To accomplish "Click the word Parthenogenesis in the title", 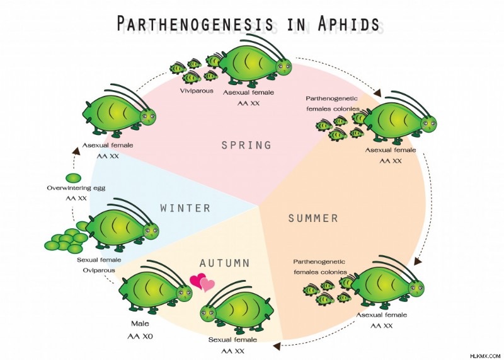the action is [x=195, y=23].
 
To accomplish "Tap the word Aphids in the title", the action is [x=349, y=23].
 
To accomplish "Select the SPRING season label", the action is [x=246, y=145].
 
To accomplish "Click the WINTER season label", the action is [x=185, y=208].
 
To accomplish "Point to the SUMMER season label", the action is [x=313, y=218].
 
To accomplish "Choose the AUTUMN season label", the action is [x=225, y=263].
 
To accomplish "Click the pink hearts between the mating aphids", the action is [x=202, y=282].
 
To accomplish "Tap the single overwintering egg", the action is [x=73, y=178].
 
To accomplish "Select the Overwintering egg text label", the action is [x=76, y=188].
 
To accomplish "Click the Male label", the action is [x=140, y=323].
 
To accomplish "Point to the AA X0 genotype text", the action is [x=140, y=337].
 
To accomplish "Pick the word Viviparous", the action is [x=197, y=91].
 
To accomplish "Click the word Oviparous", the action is [x=99, y=270].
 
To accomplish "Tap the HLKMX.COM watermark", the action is [x=485, y=356].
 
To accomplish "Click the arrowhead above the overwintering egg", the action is [x=76, y=151].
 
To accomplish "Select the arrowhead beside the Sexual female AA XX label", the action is [x=277, y=346].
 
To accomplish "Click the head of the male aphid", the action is [x=184, y=293].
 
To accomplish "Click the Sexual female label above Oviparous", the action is [x=99, y=260].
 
